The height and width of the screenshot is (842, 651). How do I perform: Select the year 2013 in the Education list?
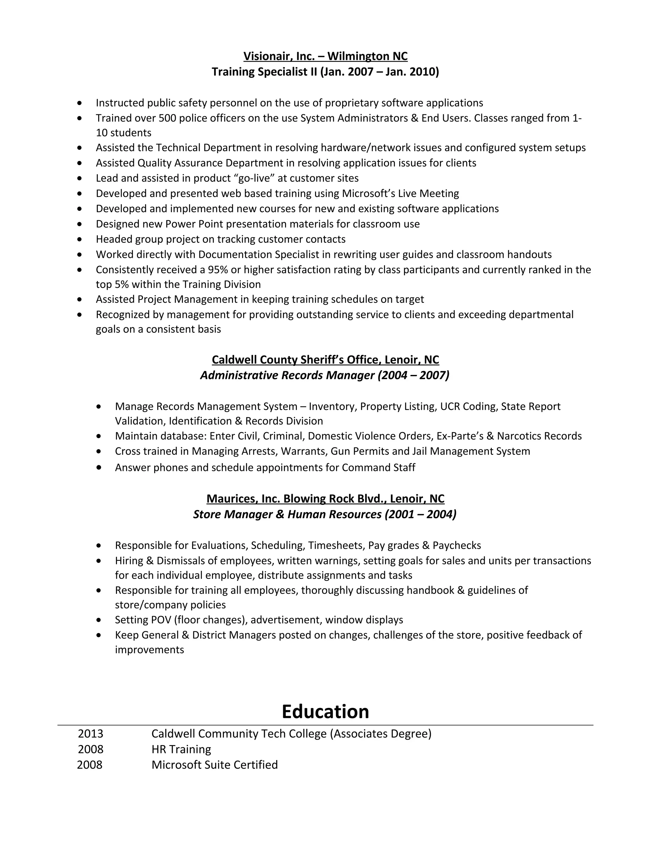(x=91, y=734)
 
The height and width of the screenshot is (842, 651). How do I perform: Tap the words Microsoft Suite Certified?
(x=215, y=765)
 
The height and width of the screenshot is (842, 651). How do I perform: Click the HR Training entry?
(x=181, y=750)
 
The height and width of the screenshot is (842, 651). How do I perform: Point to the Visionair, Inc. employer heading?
(x=325, y=56)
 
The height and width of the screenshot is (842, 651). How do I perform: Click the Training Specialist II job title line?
(x=325, y=72)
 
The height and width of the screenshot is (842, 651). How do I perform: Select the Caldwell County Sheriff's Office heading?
(x=325, y=360)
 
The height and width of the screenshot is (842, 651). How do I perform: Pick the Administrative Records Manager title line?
(x=325, y=375)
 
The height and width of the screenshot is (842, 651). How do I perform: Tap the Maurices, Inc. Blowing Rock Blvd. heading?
(x=325, y=499)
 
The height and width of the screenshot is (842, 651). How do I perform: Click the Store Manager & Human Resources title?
(x=325, y=514)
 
